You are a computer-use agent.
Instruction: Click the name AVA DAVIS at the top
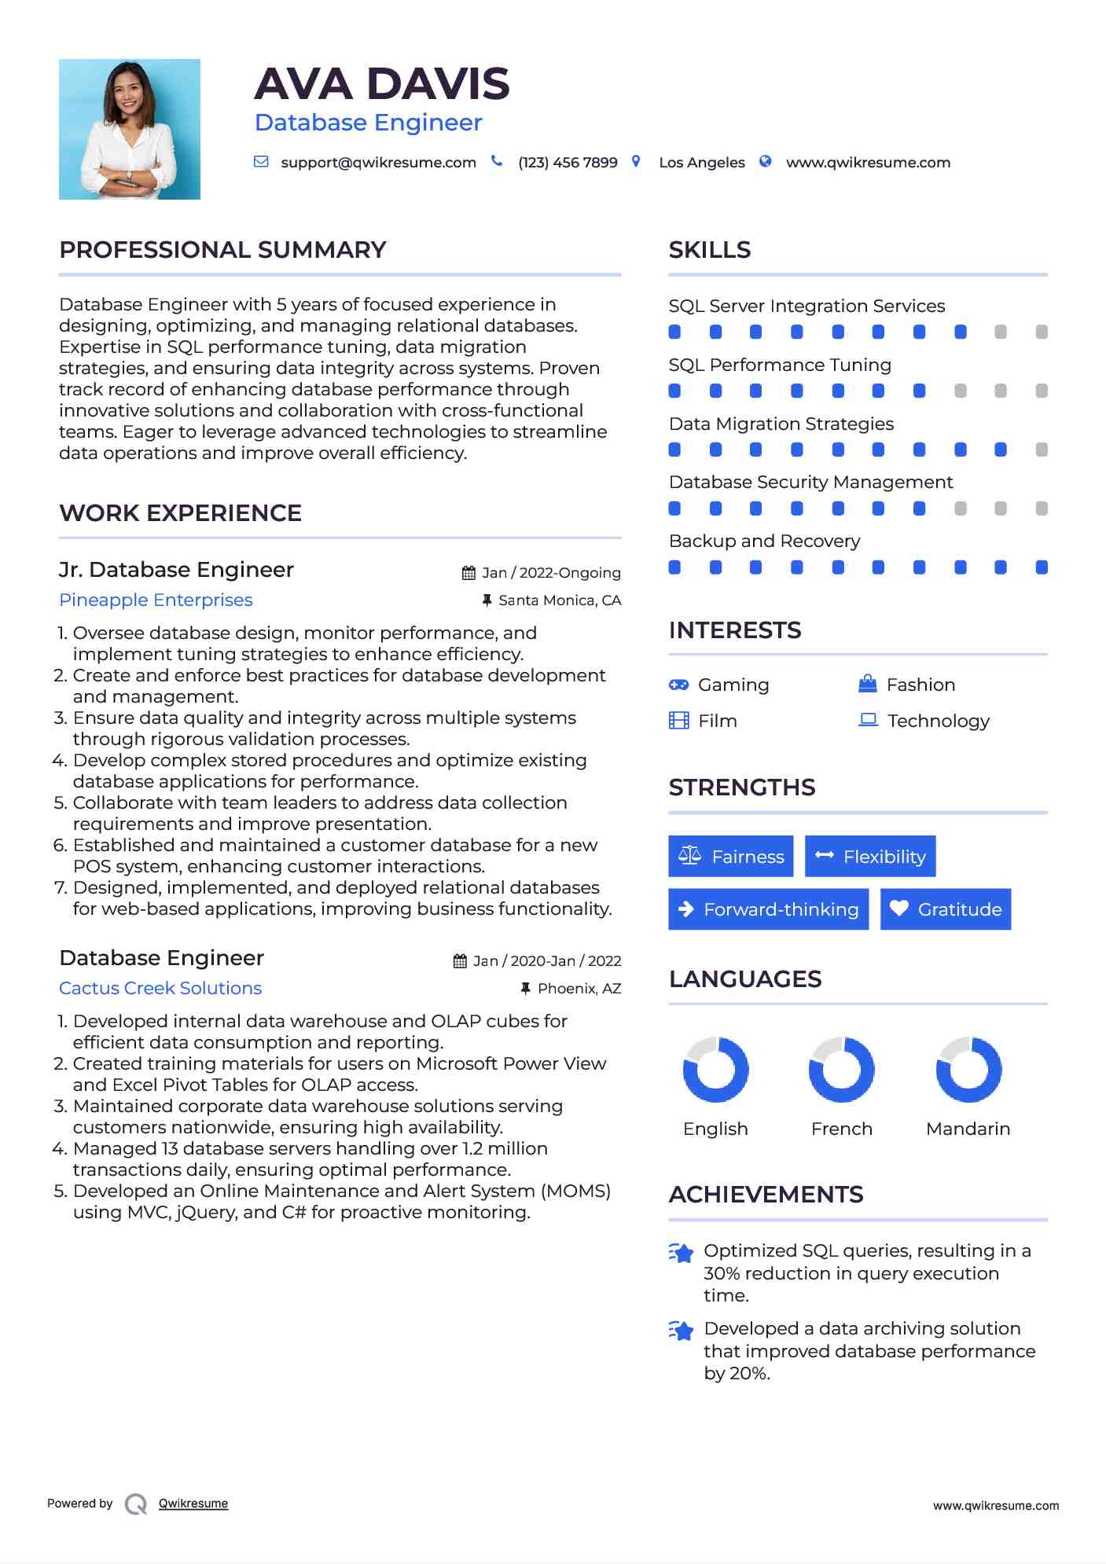pyautogui.click(x=382, y=84)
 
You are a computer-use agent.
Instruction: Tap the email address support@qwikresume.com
pyautogui.click(x=378, y=163)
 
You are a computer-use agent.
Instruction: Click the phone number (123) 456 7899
pyautogui.click(x=568, y=163)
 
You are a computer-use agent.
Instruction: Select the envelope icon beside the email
pyautogui.click(x=261, y=162)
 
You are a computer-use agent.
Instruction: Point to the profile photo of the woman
pyautogui.click(x=130, y=130)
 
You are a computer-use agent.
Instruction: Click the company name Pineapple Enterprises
pyautogui.click(x=156, y=600)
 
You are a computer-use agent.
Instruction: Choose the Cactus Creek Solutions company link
pyautogui.click(x=160, y=989)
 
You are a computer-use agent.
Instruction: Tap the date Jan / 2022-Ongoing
pyautogui.click(x=550, y=573)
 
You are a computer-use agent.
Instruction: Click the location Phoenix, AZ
pyautogui.click(x=579, y=989)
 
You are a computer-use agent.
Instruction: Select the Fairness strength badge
pyautogui.click(x=731, y=857)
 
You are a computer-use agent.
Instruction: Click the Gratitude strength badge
pyautogui.click(x=946, y=909)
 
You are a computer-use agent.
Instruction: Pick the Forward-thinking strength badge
pyautogui.click(x=768, y=909)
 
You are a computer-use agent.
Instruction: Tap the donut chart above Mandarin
pyautogui.click(x=968, y=1070)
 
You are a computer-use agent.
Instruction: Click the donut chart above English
pyautogui.click(x=715, y=1070)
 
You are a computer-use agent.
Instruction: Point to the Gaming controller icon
pyautogui.click(x=678, y=685)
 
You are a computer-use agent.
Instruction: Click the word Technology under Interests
pyautogui.click(x=938, y=721)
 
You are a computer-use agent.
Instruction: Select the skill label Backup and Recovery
pyautogui.click(x=764, y=542)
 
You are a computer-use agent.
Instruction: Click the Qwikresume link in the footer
pyautogui.click(x=193, y=1503)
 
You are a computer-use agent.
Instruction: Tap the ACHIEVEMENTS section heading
pyautogui.click(x=766, y=1195)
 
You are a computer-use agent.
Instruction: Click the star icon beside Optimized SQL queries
pyautogui.click(x=681, y=1253)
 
